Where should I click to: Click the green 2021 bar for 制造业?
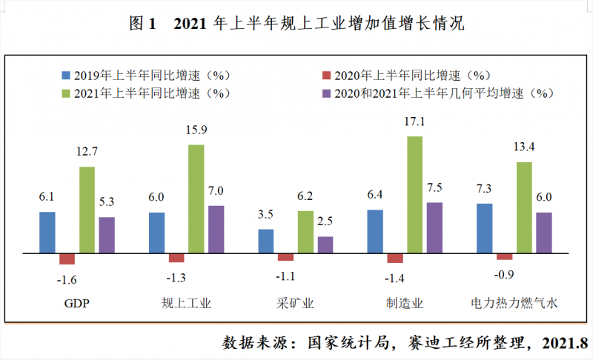point(414,194)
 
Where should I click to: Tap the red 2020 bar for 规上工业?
point(176,258)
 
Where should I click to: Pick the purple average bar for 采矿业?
point(325,244)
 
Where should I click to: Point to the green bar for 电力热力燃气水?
point(523,207)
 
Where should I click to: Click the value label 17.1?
point(414,121)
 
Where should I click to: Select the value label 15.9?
point(196,130)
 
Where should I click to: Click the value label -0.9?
point(504,274)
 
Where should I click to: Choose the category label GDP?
point(76,304)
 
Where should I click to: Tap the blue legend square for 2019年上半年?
point(65,76)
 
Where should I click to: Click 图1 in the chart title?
point(143,24)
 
